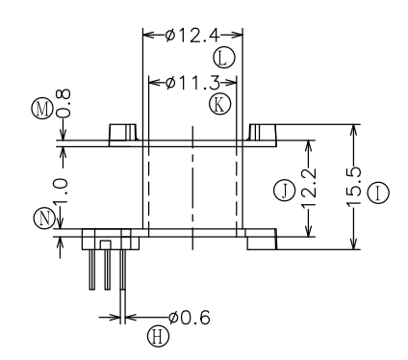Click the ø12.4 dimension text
pos(192,35)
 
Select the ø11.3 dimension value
pos(192,83)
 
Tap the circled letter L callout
pos(224,58)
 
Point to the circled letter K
pos(220,105)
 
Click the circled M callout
pos(42,109)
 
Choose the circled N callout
pos(44,219)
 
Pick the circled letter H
pos(159,337)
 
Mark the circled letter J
pos(284,191)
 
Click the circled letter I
pos(378,193)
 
